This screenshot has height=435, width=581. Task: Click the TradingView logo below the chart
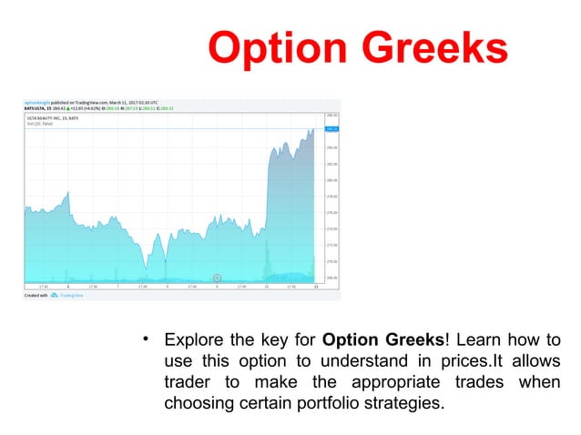point(65,295)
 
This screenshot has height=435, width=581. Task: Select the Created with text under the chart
point(36,295)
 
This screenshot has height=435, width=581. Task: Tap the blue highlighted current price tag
point(331,128)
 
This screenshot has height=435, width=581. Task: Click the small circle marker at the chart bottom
point(218,278)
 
